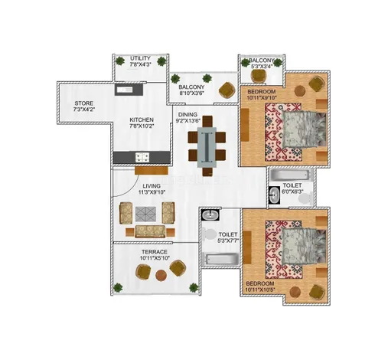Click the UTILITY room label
click(x=140, y=58)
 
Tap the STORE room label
click(x=84, y=103)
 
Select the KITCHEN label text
click(x=142, y=119)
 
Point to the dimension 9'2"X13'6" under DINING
click(x=188, y=121)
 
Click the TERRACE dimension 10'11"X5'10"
click(x=155, y=258)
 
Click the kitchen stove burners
click(x=142, y=157)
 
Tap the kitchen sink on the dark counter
click(x=125, y=90)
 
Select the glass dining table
click(x=207, y=147)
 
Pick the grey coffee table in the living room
click(x=145, y=214)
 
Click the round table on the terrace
click(x=161, y=275)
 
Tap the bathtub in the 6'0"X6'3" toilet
click(x=290, y=175)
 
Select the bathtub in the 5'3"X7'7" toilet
click(x=221, y=259)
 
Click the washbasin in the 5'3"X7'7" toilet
click(x=210, y=214)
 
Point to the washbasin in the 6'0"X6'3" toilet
click(x=275, y=195)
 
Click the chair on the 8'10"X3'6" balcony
click(x=227, y=90)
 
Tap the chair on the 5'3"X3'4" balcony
click(x=259, y=76)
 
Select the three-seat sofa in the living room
click(x=150, y=231)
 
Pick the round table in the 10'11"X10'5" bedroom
click(x=295, y=292)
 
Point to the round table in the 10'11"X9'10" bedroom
click(x=300, y=91)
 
